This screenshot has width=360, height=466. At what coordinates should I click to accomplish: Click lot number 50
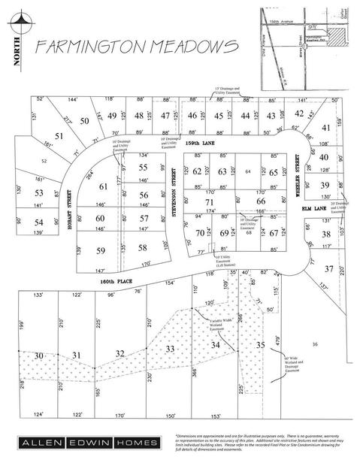[x=84, y=121]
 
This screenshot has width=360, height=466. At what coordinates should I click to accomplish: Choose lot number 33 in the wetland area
[x=170, y=349]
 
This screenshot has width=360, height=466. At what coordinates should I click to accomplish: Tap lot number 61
[x=104, y=186]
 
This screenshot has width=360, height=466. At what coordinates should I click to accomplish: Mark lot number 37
[x=328, y=268]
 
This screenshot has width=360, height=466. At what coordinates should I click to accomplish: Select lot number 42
[x=298, y=113]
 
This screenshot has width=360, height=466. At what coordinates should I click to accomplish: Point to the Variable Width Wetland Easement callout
[x=217, y=322]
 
